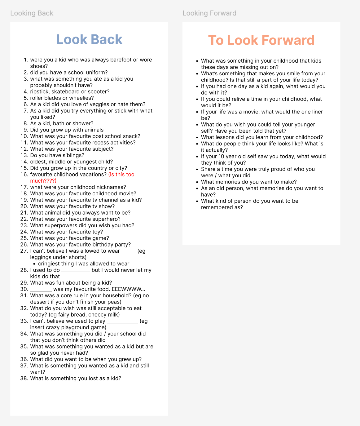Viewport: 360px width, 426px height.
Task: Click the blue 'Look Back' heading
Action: [89, 39]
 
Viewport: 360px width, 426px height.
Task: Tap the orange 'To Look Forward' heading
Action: [261, 40]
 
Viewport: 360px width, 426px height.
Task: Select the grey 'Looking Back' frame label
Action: [32, 13]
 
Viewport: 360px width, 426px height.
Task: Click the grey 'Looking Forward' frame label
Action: [209, 13]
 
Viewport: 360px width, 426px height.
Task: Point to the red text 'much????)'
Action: [43, 181]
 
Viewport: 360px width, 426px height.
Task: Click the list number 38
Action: [24, 378]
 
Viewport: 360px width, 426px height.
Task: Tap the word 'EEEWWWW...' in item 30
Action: [128, 289]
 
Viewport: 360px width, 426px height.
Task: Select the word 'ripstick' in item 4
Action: [40, 92]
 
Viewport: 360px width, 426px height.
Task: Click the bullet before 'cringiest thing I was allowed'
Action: [34, 264]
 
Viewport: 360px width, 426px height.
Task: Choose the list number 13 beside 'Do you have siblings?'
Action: [24, 155]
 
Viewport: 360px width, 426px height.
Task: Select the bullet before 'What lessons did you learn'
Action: [197, 137]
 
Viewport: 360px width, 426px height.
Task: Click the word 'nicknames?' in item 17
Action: [112, 187]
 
